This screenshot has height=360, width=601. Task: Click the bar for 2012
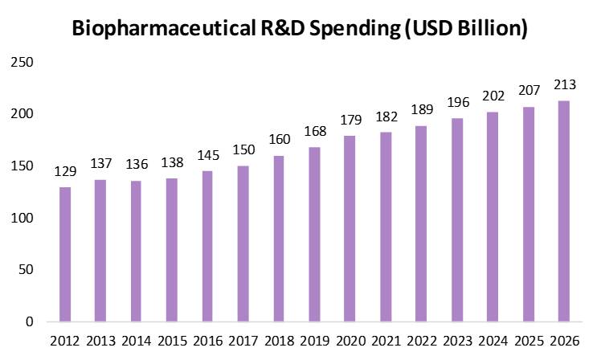66,254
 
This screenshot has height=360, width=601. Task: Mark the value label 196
458,104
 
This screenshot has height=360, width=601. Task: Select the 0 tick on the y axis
30,322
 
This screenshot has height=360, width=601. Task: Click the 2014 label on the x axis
137,342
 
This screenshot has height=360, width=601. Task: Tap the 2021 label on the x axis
386,342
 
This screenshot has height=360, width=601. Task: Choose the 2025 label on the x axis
529,342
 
